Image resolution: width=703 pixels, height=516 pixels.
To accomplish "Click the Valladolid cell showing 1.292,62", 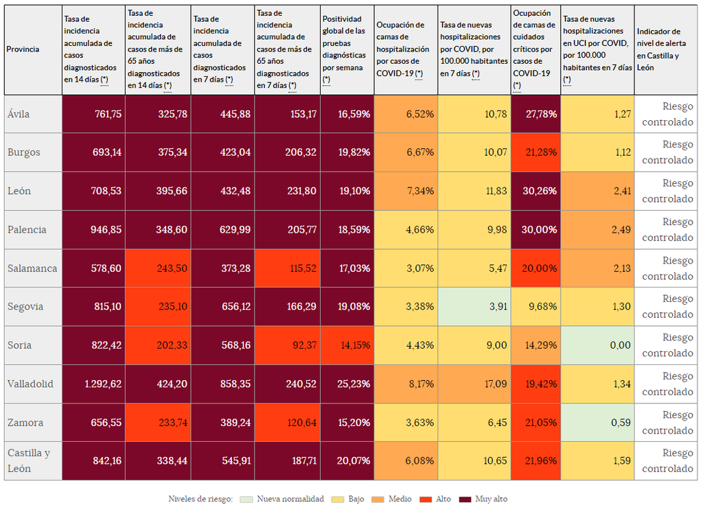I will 93,384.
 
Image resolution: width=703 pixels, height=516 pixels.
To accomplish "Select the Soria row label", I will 20,345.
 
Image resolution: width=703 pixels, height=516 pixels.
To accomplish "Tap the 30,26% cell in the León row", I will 535,191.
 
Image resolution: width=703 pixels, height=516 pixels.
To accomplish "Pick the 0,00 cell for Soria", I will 597,345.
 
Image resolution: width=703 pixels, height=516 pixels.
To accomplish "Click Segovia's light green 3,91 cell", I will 474,307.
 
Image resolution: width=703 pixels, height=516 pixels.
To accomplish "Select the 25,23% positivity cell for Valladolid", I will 347,384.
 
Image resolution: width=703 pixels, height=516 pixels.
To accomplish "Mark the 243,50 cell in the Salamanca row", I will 158,268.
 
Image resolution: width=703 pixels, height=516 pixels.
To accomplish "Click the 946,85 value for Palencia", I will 93,230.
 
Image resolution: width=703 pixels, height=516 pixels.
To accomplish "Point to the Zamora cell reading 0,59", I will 597,423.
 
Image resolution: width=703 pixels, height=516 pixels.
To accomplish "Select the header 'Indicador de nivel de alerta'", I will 665,49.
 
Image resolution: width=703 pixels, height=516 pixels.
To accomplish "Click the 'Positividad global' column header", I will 347,49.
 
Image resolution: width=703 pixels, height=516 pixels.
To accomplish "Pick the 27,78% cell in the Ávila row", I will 535,114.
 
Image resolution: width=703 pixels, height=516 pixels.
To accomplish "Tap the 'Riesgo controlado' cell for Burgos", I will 665,152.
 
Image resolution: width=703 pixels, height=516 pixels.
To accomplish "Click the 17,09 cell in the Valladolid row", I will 474,384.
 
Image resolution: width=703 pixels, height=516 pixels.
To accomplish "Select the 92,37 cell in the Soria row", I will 287,345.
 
